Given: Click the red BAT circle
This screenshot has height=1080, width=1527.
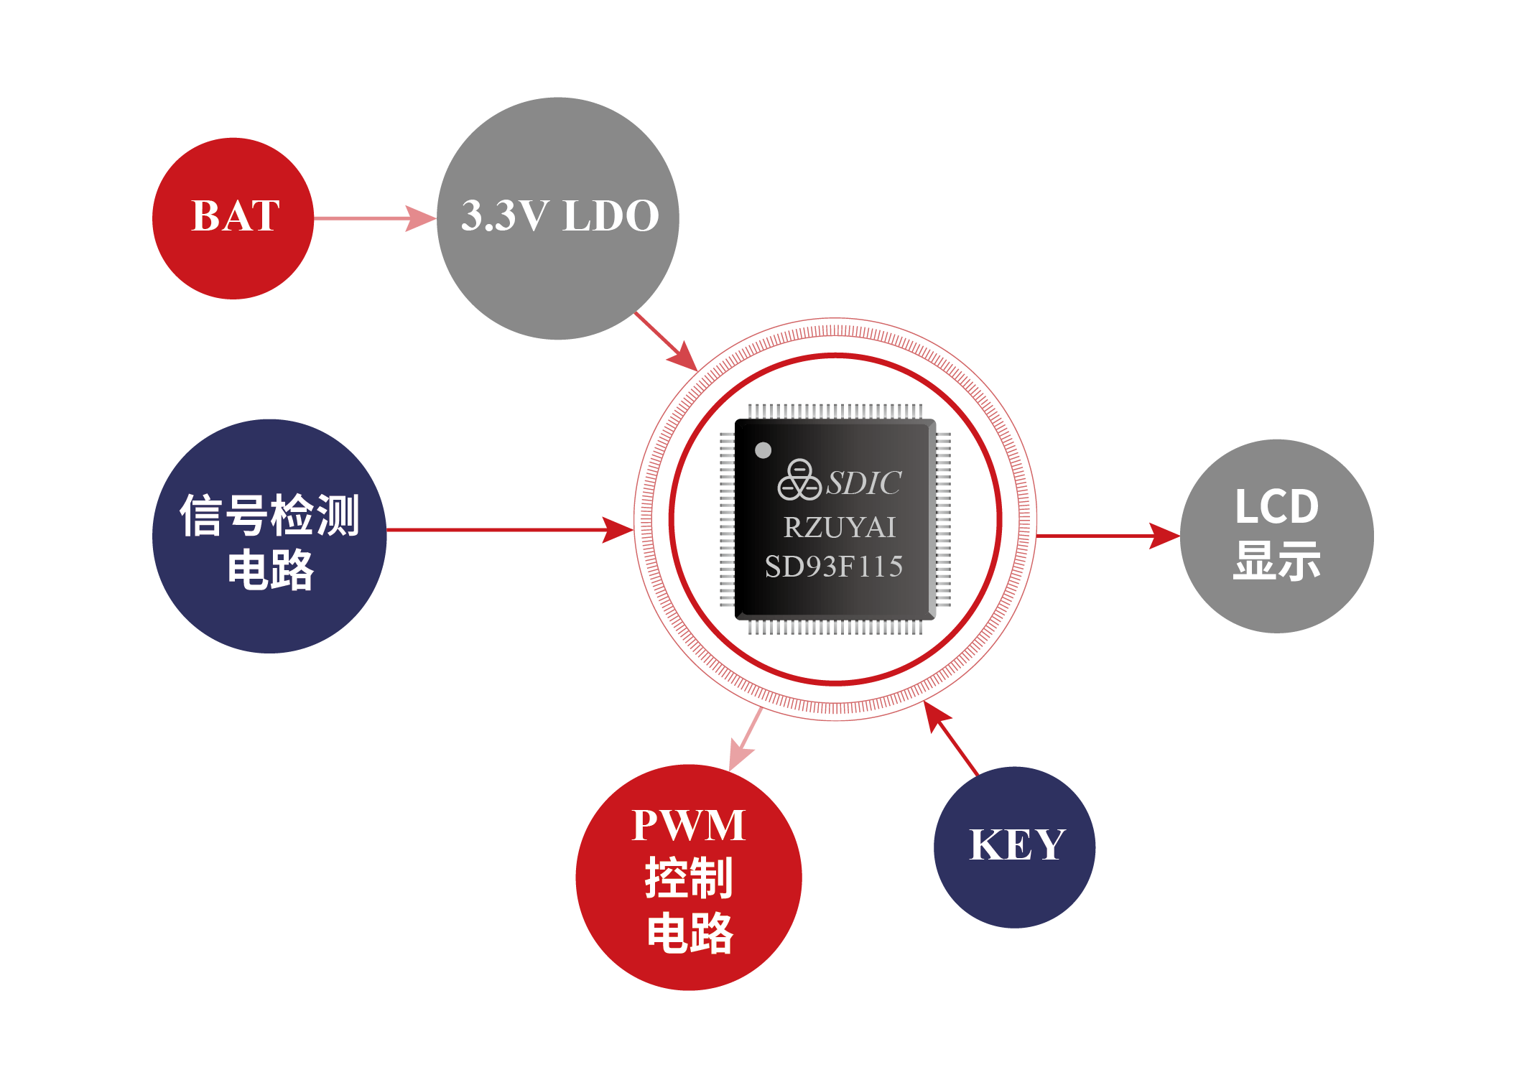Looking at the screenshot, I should click(233, 218).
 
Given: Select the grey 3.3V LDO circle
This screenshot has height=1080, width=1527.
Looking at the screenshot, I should click(558, 266).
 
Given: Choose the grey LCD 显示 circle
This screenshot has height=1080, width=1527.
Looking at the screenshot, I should click(1276, 536).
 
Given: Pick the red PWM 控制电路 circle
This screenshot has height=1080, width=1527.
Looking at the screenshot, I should click(688, 877).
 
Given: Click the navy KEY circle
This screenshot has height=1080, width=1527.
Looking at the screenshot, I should click(1014, 847).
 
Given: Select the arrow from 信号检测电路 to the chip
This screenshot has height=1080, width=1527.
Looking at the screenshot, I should click(510, 530).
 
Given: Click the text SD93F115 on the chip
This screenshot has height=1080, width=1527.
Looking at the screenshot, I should click(833, 567).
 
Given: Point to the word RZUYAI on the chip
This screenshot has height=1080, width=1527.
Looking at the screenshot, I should click(839, 528).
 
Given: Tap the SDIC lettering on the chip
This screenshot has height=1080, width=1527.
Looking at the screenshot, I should click(863, 483).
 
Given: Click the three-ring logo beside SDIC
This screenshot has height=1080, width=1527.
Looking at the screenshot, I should click(799, 480).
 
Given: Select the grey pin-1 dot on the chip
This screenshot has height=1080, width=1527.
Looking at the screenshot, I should click(763, 450).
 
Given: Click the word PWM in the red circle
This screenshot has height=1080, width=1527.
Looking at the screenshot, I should click(688, 825).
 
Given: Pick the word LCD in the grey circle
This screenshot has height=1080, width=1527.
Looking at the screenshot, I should click(1276, 507).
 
